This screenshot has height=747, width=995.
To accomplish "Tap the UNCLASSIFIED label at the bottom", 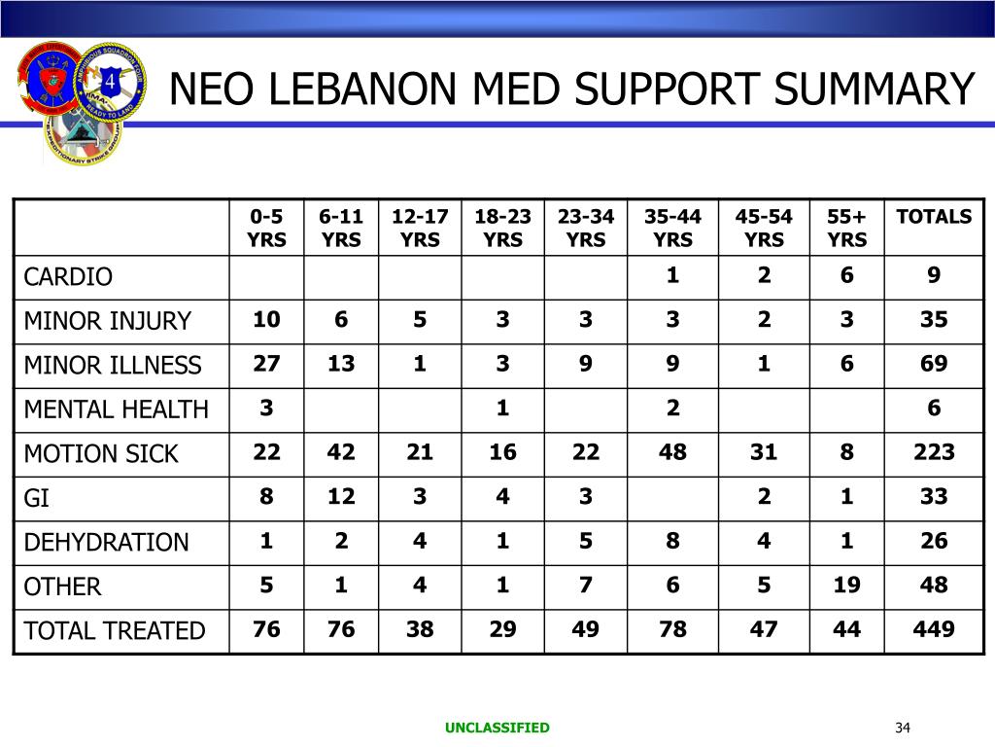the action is point(497,728).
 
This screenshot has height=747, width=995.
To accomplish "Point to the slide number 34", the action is point(903,729).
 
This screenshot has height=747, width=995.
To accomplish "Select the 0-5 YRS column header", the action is point(266,228).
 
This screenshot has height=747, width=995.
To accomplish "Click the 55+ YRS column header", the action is point(847,228).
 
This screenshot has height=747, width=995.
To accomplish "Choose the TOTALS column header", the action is point(934,217).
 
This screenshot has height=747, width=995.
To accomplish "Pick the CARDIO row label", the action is point(68,277).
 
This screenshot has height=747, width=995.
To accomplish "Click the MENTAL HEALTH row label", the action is point(116,409).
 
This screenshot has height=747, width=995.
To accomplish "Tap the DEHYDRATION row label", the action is point(106,542).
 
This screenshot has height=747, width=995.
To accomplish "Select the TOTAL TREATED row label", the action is point(115,631).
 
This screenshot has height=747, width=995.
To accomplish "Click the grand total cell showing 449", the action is point(934,629).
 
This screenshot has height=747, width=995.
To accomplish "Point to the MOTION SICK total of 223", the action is point(934,452).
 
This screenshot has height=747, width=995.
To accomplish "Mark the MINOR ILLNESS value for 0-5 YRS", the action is point(266,364).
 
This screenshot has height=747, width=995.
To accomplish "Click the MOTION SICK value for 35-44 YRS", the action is point(672,452).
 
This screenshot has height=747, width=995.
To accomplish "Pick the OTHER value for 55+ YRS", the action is point(847,585).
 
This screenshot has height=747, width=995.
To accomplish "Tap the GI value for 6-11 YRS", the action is point(341,497).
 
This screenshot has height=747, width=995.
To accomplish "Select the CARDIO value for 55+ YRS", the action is point(847,275).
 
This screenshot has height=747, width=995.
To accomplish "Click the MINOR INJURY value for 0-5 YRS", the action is point(266,320).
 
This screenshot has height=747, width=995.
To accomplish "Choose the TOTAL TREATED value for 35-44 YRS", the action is point(672,629).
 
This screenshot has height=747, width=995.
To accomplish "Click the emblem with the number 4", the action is point(109,83).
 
